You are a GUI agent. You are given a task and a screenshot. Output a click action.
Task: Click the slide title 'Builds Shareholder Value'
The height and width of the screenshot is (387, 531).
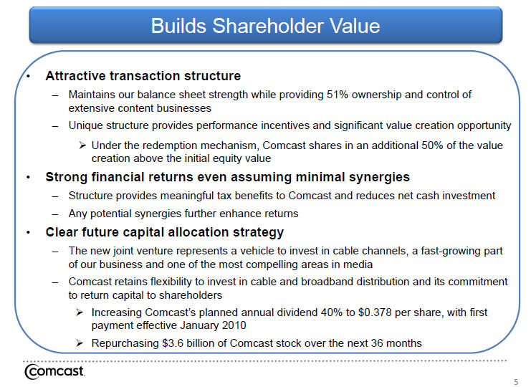pyautogui.click(x=265, y=26)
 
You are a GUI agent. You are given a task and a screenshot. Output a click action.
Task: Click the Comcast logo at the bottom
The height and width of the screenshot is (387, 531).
pyautogui.click(x=54, y=371)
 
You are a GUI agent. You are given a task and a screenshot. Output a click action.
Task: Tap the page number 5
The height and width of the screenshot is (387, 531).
pyautogui.click(x=516, y=381)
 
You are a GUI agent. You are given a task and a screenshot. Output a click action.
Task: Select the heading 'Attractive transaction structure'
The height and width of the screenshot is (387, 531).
pyautogui.click(x=143, y=76)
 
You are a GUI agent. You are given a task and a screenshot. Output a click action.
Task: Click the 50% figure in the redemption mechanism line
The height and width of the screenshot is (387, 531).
pyautogui.click(x=432, y=145)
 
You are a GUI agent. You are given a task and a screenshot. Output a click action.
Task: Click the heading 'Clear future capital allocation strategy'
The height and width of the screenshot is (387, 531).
pyautogui.click(x=165, y=232)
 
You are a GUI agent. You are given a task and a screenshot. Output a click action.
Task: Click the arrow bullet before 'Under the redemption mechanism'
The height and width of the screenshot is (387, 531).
pyautogui.click(x=82, y=145)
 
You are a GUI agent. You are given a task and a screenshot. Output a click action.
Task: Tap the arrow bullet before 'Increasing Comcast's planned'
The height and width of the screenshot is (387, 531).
pyautogui.click(x=80, y=312)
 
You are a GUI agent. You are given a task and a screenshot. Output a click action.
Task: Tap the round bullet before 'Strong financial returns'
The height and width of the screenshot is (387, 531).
pyautogui.click(x=29, y=178)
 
